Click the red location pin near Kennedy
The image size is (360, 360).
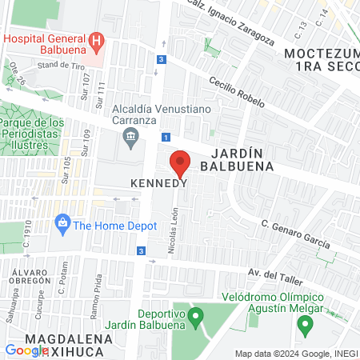pyautogui.click(x=180, y=162)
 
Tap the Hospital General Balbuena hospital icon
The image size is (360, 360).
pyautogui.click(x=96, y=40)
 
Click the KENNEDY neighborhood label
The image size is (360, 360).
pyautogui.click(x=158, y=183)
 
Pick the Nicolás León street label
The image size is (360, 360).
pyautogui.click(x=172, y=233)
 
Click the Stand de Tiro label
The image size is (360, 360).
pyautogui.click(x=61, y=64)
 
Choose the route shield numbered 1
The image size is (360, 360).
pyautogui.click(x=165, y=137)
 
